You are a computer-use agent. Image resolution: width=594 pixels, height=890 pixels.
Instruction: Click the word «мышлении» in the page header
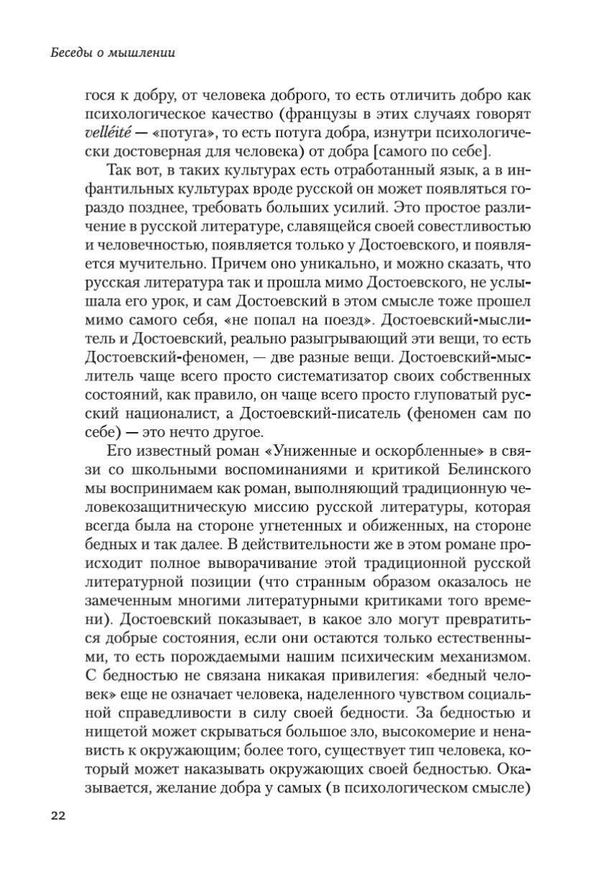point(144,52)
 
